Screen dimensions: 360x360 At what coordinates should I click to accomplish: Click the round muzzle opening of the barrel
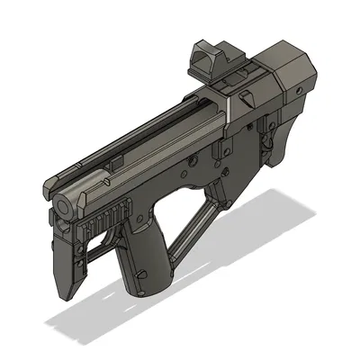tap(63, 205)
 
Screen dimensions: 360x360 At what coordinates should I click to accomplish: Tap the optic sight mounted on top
tap(215, 61)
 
